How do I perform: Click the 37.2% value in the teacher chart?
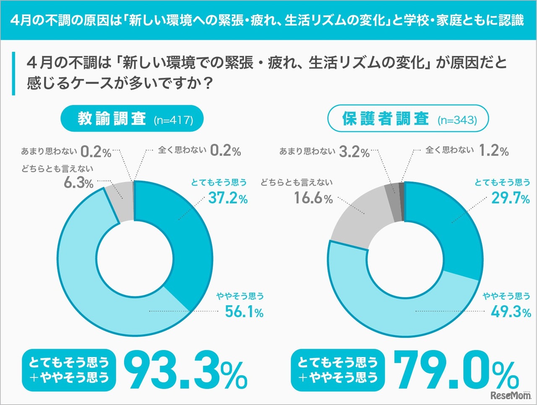pyautogui.click(x=228, y=198)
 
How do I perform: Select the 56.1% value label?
pyautogui.click(x=244, y=312)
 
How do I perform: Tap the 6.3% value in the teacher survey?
pyautogui.click(x=78, y=183)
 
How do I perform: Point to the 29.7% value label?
pyautogui.click(x=511, y=198)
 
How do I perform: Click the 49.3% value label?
pyautogui.click(x=511, y=312)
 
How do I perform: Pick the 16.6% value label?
pyautogui.click(x=313, y=198)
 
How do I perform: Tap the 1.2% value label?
pyautogui.click(x=494, y=151)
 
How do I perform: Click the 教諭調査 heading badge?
pyautogui.click(x=133, y=119)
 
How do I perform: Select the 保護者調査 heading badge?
pyautogui.click(x=408, y=119)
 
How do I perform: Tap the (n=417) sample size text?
pyautogui.click(x=173, y=120)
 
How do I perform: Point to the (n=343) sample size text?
pyautogui.click(x=457, y=120)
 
